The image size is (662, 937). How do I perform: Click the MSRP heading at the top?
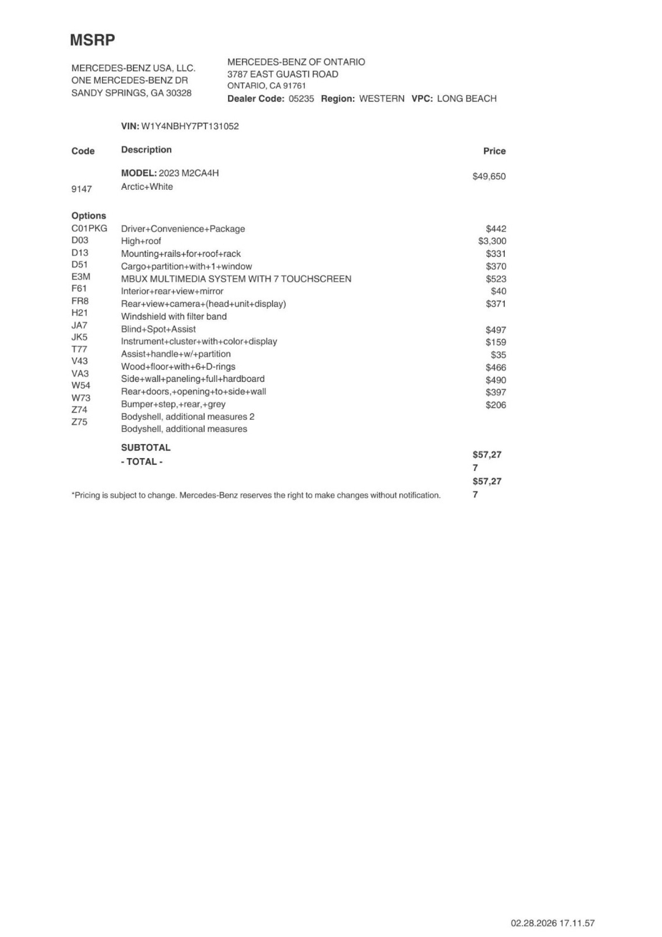pyautogui.click(x=92, y=40)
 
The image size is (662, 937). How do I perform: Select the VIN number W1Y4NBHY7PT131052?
pyautogui.click(x=190, y=126)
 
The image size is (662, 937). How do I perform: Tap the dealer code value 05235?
pyautogui.click(x=301, y=99)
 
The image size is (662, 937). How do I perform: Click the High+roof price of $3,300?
pyautogui.click(x=492, y=241)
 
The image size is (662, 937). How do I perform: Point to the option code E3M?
pyautogui.click(x=81, y=277)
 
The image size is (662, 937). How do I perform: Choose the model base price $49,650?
pyautogui.click(x=489, y=176)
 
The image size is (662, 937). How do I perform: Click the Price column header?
pyautogui.click(x=494, y=151)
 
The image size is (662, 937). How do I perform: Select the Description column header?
pyautogui.click(x=146, y=150)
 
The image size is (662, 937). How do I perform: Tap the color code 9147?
pyautogui.click(x=82, y=189)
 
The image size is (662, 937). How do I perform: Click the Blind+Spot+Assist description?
pyautogui.click(x=158, y=329)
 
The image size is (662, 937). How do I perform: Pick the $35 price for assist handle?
pyautogui.click(x=498, y=355)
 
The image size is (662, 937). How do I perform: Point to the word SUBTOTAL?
pyautogui.click(x=146, y=448)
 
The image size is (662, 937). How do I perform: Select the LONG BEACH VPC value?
pyautogui.click(x=466, y=99)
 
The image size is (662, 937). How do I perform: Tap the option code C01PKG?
pyautogui.click(x=89, y=228)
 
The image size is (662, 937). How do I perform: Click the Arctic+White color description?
pyautogui.click(x=147, y=187)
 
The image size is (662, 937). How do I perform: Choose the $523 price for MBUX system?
pyautogui.click(x=496, y=279)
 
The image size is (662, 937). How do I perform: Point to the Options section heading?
pyautogui.click(x=89, y=216)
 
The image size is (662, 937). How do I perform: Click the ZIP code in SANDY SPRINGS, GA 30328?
pyautogui.click(x=179, y=93)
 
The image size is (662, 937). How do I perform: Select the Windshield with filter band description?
pyautogui.click(x=174, y=317)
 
